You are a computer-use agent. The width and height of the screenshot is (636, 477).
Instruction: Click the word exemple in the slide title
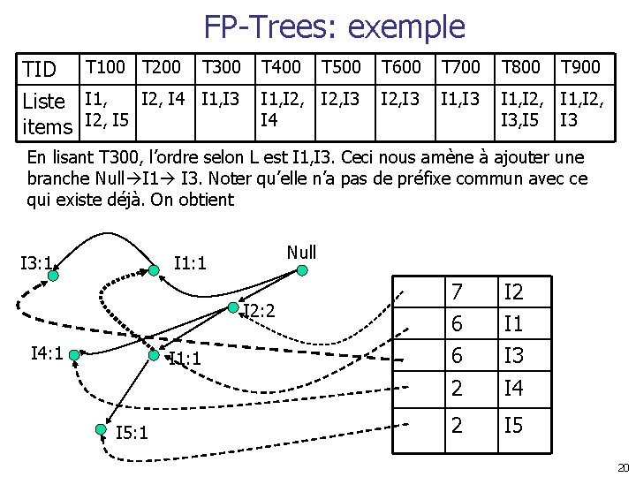(x=406, y=27)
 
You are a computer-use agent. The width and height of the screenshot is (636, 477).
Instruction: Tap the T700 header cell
(x=461, y=67)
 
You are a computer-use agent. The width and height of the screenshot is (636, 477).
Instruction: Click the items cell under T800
(x=521, y=106)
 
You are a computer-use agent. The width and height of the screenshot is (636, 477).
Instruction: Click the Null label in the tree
(x=301, y=253)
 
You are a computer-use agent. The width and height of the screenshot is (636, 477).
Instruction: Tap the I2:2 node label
(x=260, y=311)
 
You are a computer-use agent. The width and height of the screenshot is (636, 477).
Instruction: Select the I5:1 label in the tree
(x=132, y=432)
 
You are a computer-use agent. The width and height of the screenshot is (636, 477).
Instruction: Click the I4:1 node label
(x=46, y=353)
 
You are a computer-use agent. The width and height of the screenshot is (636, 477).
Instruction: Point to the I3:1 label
(x=36, y=262)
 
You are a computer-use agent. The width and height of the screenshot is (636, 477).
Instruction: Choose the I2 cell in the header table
(x=513, y=292)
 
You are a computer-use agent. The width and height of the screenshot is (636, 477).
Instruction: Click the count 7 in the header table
(x=457, y=292)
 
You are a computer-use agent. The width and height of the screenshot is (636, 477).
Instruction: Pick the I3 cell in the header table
(x=513, y=356)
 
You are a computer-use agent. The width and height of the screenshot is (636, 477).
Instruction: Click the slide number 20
(x=622, y=467)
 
